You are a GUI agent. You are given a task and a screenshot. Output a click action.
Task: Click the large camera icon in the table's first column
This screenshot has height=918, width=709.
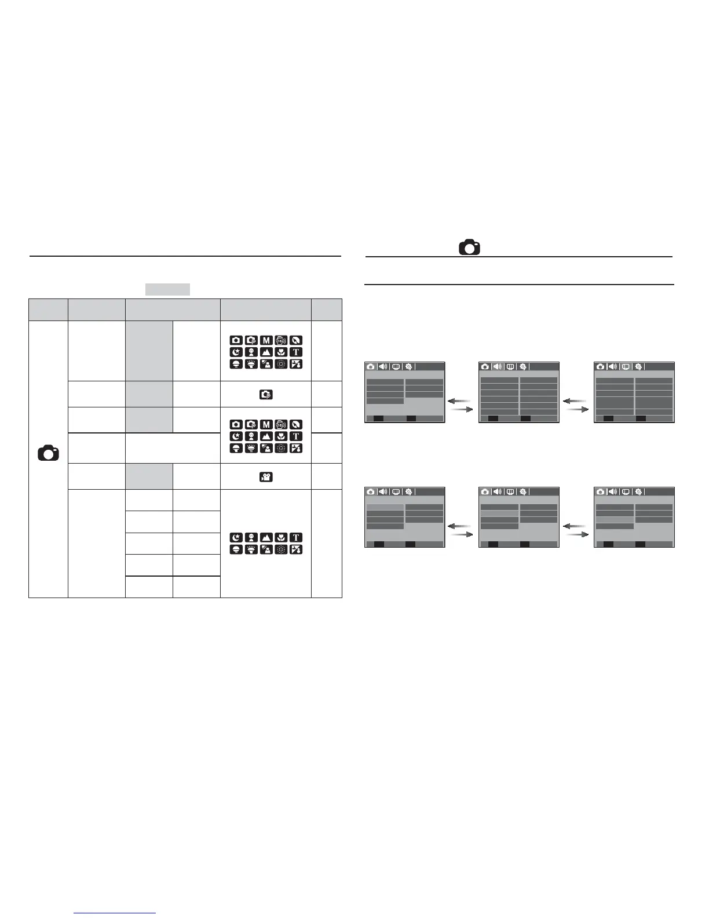[48, 453]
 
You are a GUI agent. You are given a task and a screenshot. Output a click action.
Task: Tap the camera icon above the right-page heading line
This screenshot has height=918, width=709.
[469, 247]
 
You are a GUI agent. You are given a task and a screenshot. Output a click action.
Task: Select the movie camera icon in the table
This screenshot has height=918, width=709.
[266, 477]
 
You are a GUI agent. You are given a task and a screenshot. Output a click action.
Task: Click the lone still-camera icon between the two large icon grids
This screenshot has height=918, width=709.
[266, 395]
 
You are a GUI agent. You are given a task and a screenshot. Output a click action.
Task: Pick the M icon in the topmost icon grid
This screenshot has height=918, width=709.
[266, 340]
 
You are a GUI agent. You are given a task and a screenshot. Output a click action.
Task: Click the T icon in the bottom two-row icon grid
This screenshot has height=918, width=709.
[296, 537]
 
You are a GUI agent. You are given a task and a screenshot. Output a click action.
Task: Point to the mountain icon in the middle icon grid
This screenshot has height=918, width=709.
[266, 436]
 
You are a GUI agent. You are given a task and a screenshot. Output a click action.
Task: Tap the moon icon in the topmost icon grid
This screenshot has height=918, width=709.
[236, 352]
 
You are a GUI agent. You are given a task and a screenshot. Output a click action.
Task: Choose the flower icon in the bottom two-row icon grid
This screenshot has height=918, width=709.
[281, 537]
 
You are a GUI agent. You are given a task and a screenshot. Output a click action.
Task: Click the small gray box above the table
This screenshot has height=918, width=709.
[167, 289]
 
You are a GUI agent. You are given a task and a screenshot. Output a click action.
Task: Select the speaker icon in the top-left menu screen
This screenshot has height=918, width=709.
[383, 367]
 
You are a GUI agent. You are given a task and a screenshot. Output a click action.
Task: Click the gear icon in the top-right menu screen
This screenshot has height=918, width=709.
[638, 367]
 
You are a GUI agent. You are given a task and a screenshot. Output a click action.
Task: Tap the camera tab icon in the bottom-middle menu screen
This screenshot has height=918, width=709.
[485, 492]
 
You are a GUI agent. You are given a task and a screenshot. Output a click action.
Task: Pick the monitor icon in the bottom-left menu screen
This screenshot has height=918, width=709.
[396, 492]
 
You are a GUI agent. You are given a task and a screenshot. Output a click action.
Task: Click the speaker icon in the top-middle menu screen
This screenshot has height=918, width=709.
[498, 367]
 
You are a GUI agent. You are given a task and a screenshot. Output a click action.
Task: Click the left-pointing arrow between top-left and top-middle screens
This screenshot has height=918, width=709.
[459, 400]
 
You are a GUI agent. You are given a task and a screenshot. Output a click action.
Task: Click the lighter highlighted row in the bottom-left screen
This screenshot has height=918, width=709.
[385, 507]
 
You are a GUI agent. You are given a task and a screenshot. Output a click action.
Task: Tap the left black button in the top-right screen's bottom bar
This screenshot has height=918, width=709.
[608, 418]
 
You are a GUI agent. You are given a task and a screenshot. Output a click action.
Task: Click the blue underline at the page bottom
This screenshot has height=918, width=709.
[115, 913]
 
